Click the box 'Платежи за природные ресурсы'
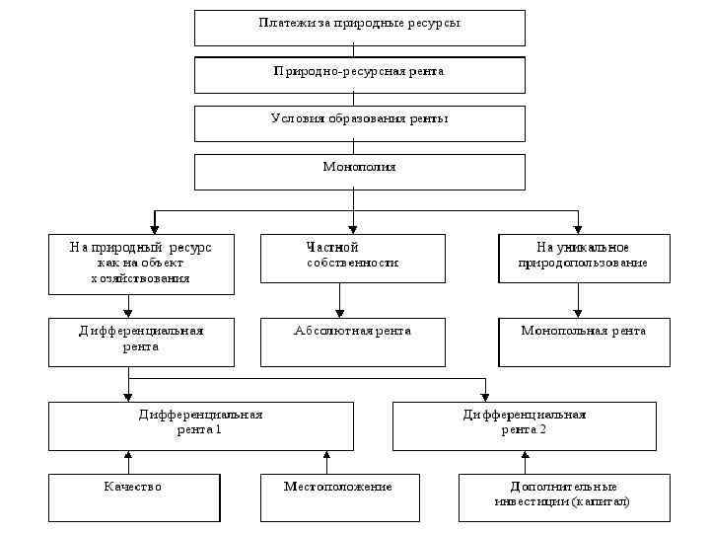point(359,28)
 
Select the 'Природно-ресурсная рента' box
point(359,74)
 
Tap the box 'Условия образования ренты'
point(359,123)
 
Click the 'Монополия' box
point(359,171)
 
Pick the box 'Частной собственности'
point(352,258)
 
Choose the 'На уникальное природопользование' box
point(584,258)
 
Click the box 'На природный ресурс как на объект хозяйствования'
point(141,264)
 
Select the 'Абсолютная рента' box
point(352,342)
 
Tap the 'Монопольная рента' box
point(584,342)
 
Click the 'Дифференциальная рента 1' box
point(201,425)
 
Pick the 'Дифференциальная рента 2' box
point(525,425)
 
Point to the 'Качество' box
point(134,497)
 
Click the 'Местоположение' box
point(339,497)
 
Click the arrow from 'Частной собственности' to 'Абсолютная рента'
point(340,300)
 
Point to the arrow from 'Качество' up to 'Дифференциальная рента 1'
point(128,462)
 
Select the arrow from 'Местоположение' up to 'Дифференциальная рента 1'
point(325,462)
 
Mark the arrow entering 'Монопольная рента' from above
point(578,300)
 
